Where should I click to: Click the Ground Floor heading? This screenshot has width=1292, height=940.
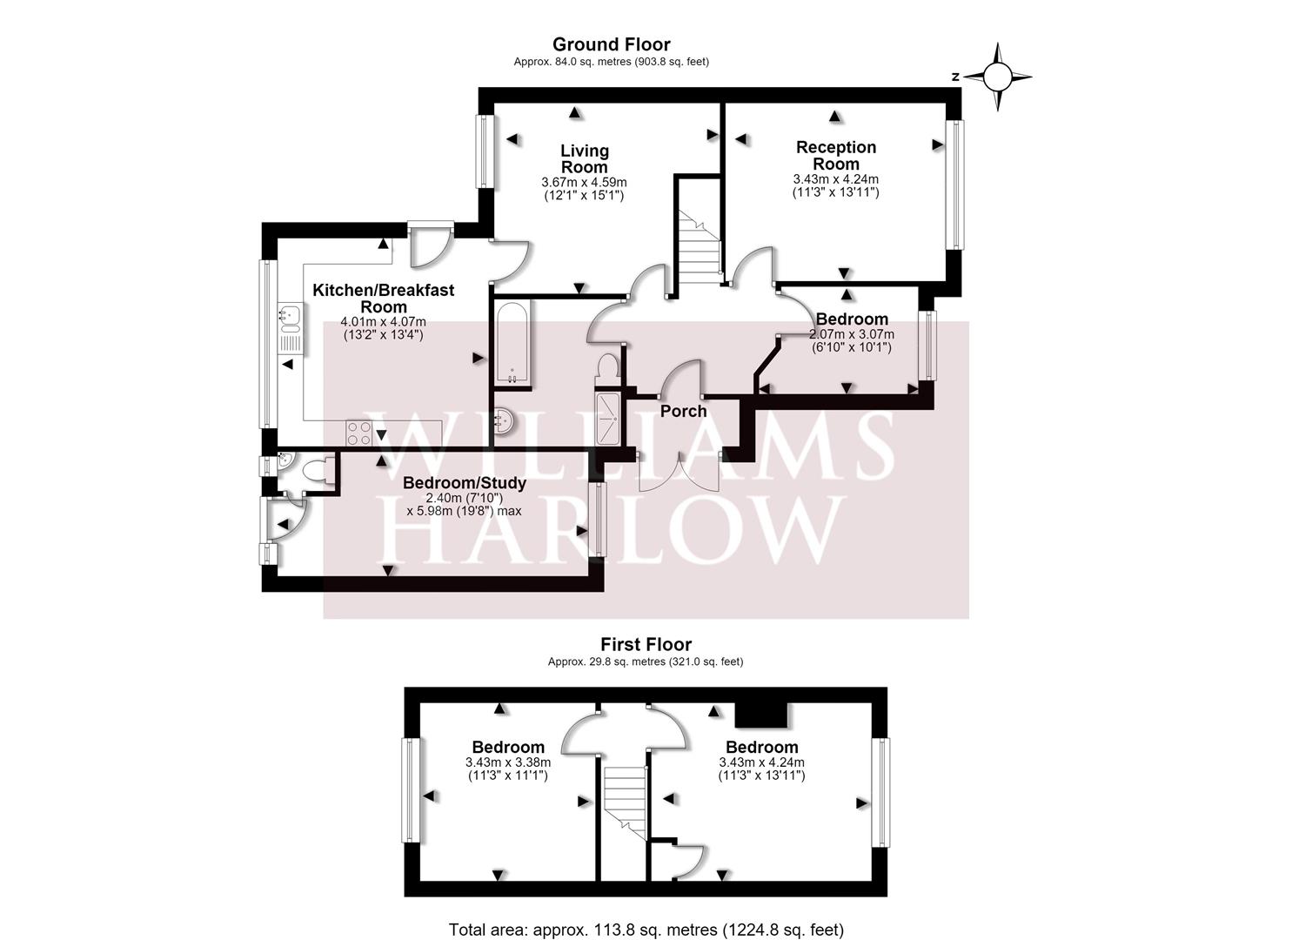tap(612, 44)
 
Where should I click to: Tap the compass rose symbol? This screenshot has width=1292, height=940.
tap(997, 77)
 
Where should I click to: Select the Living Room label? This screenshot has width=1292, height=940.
tap(585, 158)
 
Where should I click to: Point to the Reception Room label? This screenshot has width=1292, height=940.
tap(836, 155)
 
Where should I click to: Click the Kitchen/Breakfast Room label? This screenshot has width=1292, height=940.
tap(383, 299)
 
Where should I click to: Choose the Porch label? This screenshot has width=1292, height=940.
tap(684, 412)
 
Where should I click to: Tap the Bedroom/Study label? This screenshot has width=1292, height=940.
tap(465, 483)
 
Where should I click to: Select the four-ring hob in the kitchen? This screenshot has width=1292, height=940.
tap(358, 433)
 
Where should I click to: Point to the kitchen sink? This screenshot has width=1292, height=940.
tap(290, 329)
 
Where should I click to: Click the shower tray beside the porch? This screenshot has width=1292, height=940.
tap(606, 419)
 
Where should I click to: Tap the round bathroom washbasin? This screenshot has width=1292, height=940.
tap(505, 420)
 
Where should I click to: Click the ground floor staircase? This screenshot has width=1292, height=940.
tap(699, 247)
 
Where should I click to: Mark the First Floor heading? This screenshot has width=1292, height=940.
tap(646, 645)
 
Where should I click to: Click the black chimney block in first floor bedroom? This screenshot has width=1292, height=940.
tap(761, 715)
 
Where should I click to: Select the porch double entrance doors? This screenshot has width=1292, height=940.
tap(679, 472)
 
